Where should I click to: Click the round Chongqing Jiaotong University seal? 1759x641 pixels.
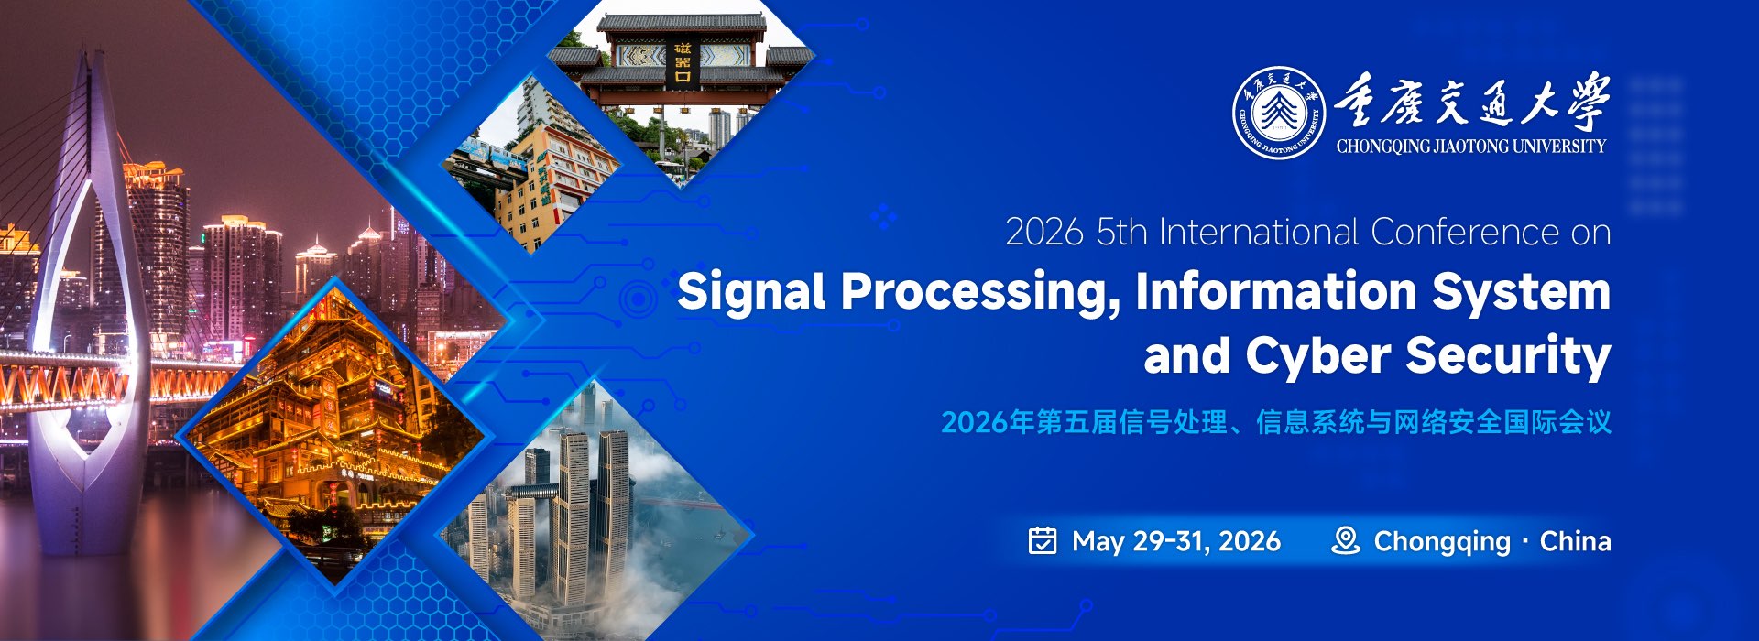[1279, 113]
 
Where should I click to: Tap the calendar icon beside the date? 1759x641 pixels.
[1043, 541]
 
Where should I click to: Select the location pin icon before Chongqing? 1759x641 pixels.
[1345, 540]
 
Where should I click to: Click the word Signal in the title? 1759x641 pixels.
[751, 293]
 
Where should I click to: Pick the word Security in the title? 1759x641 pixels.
[1508, 355]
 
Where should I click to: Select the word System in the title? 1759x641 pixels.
[1521, 293]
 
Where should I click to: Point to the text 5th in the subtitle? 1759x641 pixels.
[1121, 233]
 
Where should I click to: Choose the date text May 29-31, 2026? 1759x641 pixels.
[1176, 542]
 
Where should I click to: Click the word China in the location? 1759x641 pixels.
[1575, 541]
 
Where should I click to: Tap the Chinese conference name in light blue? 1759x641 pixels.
[1276, 422]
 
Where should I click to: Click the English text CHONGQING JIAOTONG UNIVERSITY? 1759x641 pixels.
[1470, 146]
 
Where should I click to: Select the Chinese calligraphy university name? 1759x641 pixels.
[1470, 101]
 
